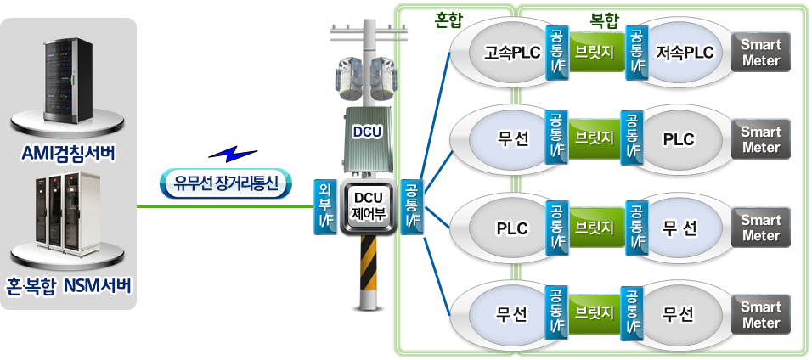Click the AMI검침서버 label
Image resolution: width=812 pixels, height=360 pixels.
(x=69, y=155)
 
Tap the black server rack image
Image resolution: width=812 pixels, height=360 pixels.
(x=69, y=85)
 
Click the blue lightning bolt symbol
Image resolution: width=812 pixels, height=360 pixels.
(x=232, y=153)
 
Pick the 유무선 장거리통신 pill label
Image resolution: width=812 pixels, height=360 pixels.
(x=226, y=183)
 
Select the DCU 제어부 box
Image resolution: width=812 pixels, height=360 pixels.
(x=369, y=209)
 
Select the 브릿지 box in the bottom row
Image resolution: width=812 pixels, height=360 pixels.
(x=595, y=313)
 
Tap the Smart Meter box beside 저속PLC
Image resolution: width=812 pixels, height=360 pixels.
(x=761, y=52)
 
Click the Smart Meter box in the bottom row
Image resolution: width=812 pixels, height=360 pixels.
(x=761, y=314)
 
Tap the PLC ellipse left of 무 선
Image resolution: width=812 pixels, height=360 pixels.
(x=511, y=228)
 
